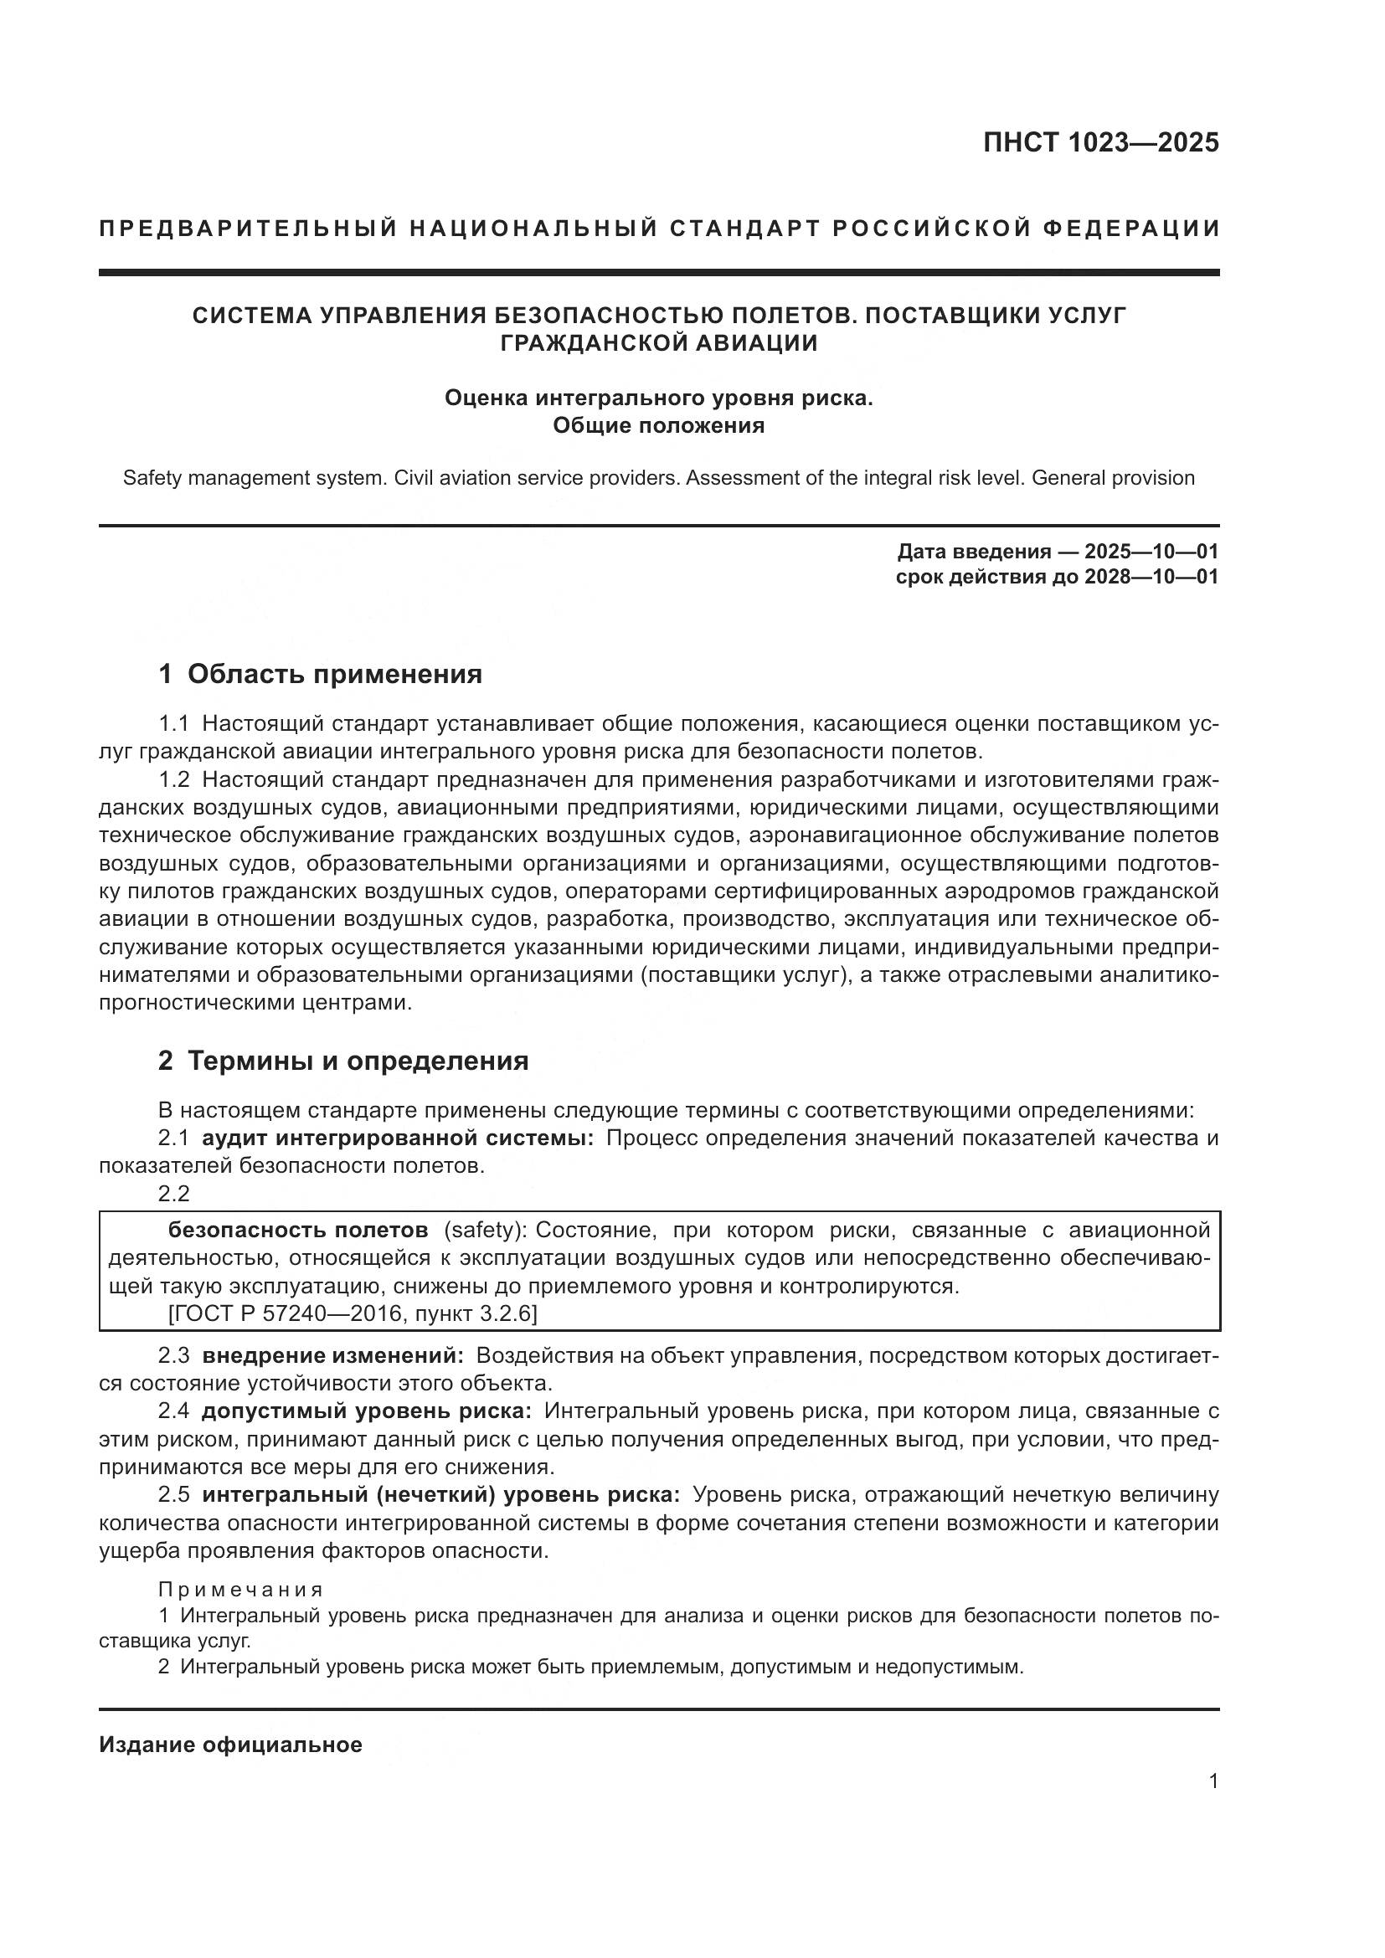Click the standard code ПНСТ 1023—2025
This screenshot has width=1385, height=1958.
[1101, 141]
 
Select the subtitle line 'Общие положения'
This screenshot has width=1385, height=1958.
[658, 425]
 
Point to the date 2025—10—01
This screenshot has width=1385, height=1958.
[1151, 551]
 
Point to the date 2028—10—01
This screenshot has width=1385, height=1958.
[1151, 577]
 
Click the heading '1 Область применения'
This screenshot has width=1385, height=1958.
[320, 674]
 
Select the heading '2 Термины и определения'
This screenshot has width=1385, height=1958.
[342, 1061]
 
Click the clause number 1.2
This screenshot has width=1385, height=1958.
[174, 779]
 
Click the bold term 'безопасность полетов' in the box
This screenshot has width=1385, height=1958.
[297, 1230]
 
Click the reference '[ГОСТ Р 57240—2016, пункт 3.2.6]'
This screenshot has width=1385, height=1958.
[353, 1313]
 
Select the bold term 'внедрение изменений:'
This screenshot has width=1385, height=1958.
[332, 1355]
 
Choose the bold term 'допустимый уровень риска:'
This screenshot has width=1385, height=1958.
[367, 1411]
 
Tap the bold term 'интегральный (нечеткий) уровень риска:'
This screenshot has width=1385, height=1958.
[440, 1495]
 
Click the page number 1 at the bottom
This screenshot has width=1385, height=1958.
[1213, 1781]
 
